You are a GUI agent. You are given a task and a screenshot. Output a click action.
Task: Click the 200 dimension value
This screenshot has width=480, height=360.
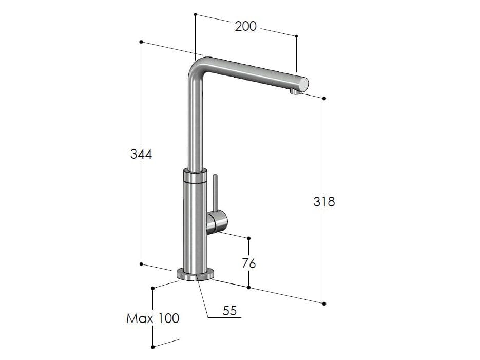(245, 26)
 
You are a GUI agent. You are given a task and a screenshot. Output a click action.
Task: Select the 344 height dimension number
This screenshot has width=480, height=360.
(141, 154)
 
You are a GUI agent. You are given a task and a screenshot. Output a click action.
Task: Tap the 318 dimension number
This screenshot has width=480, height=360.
(324, 202)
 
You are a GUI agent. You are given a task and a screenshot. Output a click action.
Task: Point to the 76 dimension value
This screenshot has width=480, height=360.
(248, 263)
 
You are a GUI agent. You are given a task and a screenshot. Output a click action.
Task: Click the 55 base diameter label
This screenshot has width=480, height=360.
(229, 310)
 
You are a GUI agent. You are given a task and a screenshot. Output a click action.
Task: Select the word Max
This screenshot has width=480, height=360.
(140, 318)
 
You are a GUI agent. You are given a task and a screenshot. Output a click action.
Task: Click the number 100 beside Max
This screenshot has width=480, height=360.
(168, 318)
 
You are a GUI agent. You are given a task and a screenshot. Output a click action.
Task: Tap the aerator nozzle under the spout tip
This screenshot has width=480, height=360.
(293, 91)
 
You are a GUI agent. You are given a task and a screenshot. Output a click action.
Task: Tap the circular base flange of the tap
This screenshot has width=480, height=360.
(195, 275)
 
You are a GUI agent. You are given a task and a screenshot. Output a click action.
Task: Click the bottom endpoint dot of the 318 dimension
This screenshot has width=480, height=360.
(324, 304)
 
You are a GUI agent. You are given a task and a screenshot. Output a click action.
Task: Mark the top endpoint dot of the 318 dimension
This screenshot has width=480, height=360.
(324, 98)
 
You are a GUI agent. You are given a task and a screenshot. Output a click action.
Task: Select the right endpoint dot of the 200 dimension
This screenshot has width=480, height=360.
(296, 36)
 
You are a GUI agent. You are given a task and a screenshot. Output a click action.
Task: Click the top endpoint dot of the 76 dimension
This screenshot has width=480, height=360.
(249, 238)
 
